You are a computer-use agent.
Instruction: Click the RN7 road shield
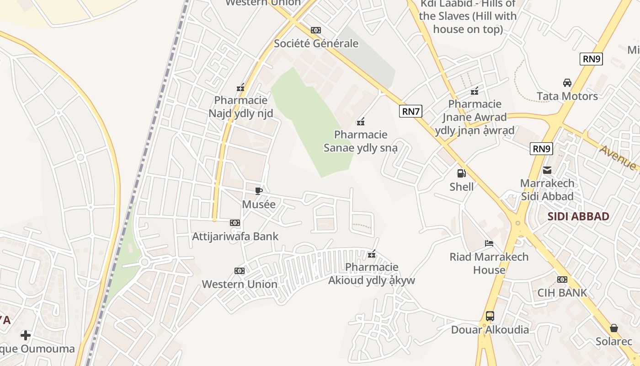point(410,111)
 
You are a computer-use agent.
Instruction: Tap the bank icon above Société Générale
point(315,30)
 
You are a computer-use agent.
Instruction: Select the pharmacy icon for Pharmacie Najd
point(240,87)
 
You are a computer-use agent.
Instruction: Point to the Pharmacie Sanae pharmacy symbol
point(361,122)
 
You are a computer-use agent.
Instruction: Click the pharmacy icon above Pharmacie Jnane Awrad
point(475,91)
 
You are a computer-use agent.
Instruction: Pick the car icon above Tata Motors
point(567,83)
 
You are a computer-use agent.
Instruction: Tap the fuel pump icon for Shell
point(462,173)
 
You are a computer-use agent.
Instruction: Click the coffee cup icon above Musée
point(259,191)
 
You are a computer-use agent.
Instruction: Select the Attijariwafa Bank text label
point(235,237)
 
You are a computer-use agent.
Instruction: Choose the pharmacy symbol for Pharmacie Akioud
point(372,254)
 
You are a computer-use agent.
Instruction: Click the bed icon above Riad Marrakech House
point(489,243)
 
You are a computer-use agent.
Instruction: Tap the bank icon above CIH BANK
point(562,280)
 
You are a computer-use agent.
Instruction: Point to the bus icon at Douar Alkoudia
point(490,316)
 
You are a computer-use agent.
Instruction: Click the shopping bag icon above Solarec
point(614,328)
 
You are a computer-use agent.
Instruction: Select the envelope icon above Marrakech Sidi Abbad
point(547,171)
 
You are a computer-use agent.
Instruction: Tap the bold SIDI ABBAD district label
point(578,216)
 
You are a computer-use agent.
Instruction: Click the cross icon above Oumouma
point(26,335)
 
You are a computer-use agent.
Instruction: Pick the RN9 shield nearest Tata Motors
point(591,59)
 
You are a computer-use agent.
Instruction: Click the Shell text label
point(462,187)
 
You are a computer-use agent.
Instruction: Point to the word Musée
point(259,204)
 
